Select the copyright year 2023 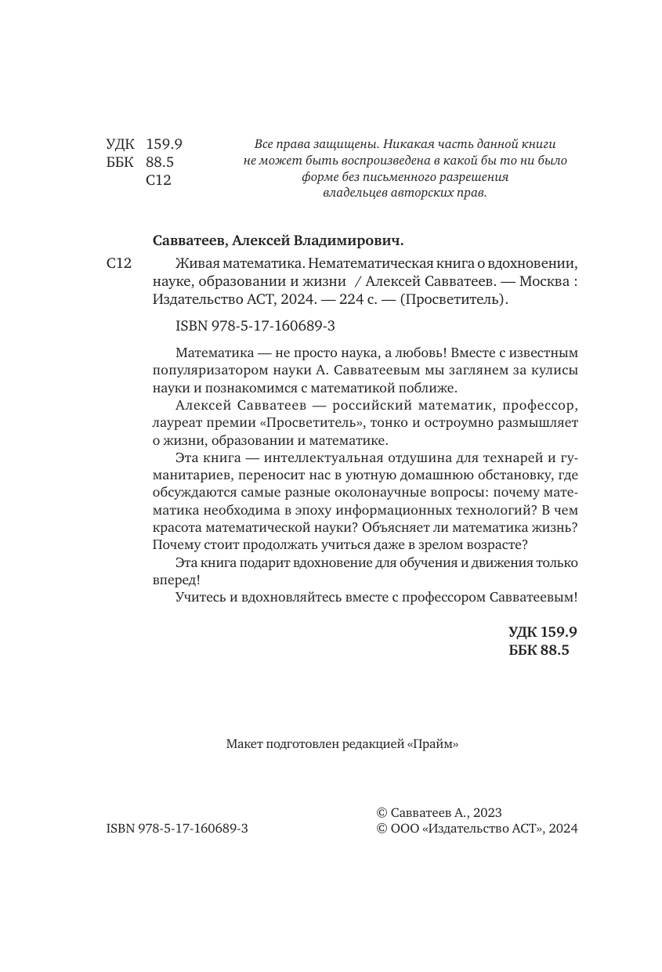(x=486, y=813)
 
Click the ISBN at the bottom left (x=176, y=829)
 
